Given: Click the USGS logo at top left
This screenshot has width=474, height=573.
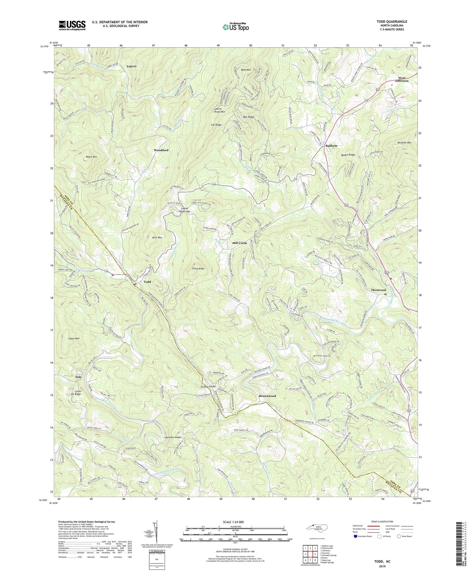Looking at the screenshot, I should pyautogui.click(x=72, y=25).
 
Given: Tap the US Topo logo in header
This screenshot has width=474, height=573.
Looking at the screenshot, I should pyautogui.click(x=235, y=27).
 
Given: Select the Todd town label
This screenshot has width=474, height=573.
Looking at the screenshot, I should pyautogui.click(x=147, y=282).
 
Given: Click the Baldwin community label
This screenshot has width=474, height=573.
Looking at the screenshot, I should pyautogui.click(x=331, y=146).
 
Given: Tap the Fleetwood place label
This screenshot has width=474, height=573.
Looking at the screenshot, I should pyautogui.click(x=378, y=290).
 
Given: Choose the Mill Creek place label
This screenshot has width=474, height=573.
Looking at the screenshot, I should pyautogui.click(x=240, y=243).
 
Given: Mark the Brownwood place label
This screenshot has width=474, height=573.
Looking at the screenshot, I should pyautogui.click(x=267, y=396).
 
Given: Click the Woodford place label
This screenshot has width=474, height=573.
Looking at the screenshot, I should pyautogui.click(x=161, y=150).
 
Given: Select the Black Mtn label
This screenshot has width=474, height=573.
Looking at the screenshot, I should pyautogui.click(x=92, y=157).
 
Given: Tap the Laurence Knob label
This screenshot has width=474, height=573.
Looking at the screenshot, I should pyautogui.click(x=173, y=437).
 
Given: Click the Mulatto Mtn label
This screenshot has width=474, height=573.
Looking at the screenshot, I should pyautogui.click(x=404, y=143).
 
